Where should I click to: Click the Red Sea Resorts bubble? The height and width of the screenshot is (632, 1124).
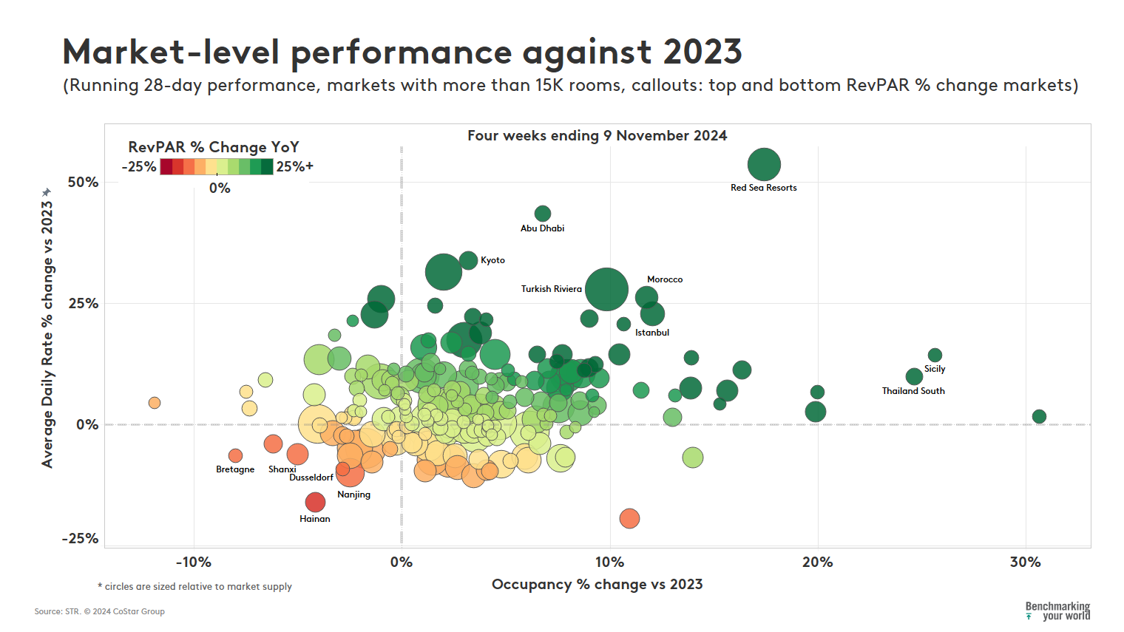coord(764,164)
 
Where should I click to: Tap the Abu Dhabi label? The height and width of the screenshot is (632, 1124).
coord(542,228)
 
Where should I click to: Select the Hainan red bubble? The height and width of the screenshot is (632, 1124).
coord(315,503)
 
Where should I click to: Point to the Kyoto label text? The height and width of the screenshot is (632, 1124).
coord(492,260)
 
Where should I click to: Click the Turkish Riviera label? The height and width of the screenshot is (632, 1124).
coord(551,289)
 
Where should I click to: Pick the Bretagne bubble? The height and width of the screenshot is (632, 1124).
coord(235,456)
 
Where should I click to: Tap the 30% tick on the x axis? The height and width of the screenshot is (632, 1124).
coord(1025,563)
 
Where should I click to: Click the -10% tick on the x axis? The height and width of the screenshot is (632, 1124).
coord(194,563)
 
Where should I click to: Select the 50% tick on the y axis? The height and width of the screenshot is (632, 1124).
coord(84,183)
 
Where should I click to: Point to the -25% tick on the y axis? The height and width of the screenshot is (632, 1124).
coord(80,539)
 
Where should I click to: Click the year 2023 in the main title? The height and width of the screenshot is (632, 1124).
coord(702,52)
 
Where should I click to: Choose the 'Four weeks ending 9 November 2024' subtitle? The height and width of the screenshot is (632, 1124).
coord(597,136)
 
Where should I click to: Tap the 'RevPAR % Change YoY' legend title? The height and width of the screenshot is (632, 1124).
coord(213,147)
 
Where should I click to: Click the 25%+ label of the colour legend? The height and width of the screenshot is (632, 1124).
coord(295,167)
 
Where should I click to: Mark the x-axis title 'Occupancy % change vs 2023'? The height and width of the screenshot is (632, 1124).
coord(597,585)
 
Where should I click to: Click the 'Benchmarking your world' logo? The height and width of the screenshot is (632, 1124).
coord(1057,611)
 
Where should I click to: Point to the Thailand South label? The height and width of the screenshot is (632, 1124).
coord(913,391)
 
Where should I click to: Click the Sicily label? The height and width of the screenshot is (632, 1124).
coord(935,369)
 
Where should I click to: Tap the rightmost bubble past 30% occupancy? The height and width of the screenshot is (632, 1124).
coord(1039,417)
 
